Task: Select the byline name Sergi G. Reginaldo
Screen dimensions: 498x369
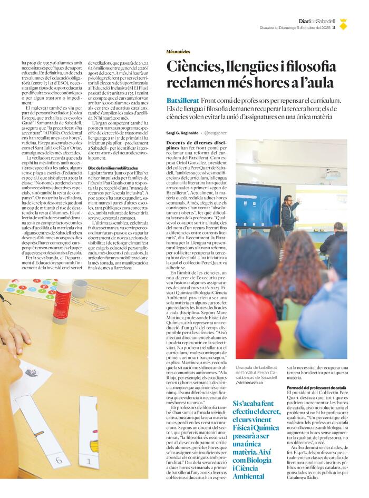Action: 182,133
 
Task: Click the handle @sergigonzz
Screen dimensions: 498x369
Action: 217,133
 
